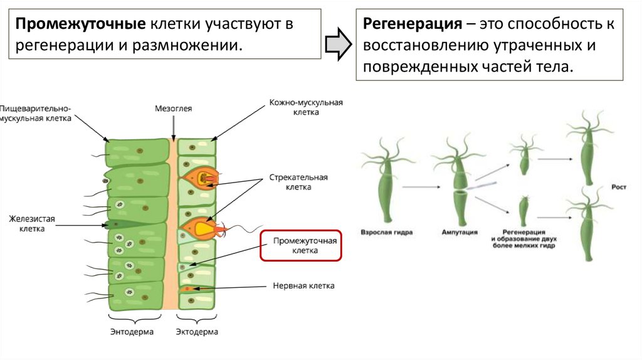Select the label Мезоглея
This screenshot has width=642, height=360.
(x=173, y=109)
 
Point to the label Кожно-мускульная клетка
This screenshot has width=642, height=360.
(x=305, y=107)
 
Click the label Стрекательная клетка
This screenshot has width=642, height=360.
(x=298, y=182)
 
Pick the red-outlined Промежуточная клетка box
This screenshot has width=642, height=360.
(x=300, y=245)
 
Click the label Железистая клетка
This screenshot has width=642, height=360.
(x=32, y=224)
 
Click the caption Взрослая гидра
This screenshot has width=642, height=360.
(x=386, y=232)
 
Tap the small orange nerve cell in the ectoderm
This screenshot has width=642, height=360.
(x=187, y=289)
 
